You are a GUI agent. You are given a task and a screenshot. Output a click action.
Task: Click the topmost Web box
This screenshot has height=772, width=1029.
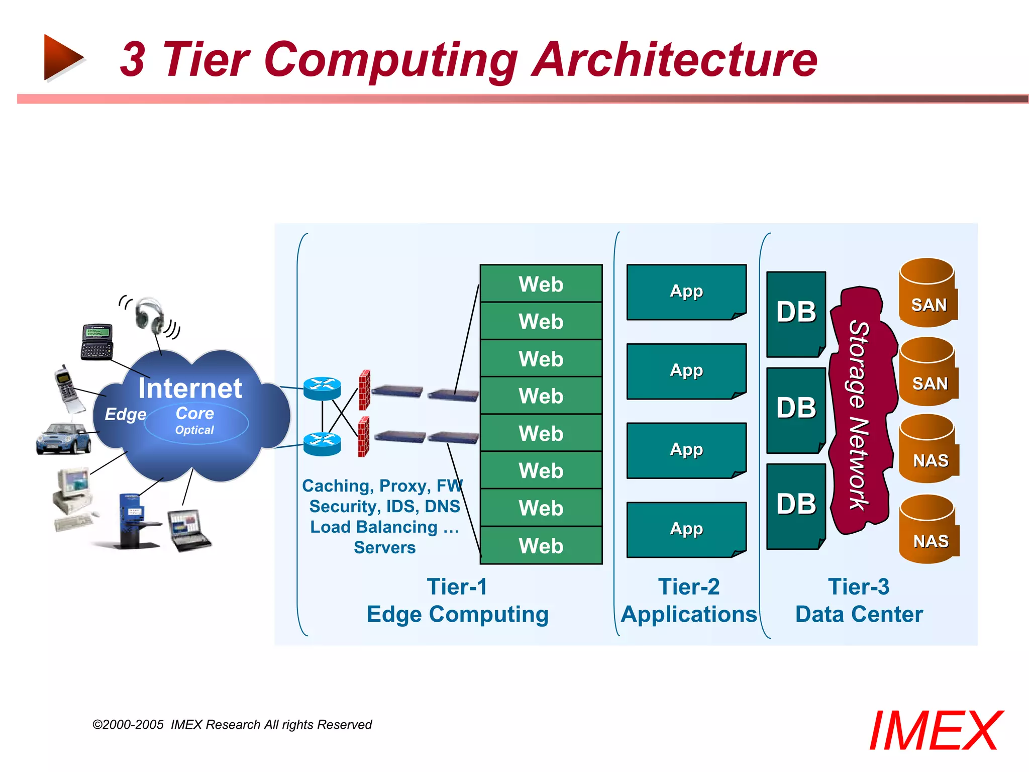pos(541,284)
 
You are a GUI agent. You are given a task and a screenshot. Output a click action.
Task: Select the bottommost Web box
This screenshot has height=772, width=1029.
pos(541,545)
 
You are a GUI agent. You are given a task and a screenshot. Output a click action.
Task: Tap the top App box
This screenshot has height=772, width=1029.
pos(686,292)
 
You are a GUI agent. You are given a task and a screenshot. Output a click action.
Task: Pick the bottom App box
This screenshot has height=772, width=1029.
pos(686,529)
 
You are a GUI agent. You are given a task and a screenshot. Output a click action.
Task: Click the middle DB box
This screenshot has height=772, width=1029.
pos(796,409)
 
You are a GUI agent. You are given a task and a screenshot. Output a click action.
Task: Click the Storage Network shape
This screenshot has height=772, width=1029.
pos(860,412)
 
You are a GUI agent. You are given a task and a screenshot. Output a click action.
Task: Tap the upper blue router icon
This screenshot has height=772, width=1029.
pos(322,389)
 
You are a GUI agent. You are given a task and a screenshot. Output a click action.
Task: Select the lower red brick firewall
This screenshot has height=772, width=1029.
pos(364,437)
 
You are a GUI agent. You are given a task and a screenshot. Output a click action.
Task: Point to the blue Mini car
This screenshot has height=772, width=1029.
pos(63,439)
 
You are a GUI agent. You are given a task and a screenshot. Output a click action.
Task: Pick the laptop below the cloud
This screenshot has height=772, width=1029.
pos(188,530)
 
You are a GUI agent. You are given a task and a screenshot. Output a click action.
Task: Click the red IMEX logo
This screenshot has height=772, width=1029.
pos(935,731)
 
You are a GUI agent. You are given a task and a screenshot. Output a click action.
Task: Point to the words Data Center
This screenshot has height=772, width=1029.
pos(859,614)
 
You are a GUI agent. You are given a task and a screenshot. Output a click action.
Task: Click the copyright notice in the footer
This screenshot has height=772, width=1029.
pos(232,724)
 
